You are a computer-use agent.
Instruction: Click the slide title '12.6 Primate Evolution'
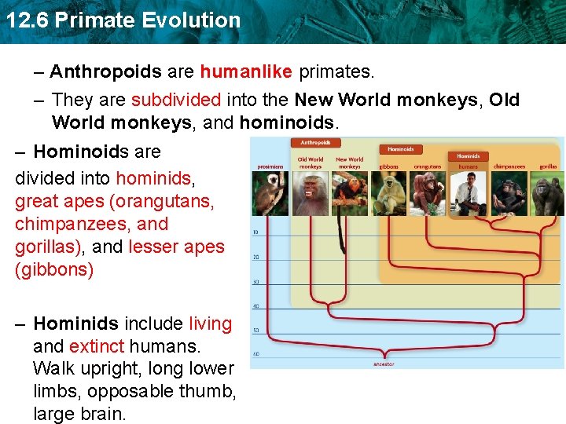[x=122, y=20]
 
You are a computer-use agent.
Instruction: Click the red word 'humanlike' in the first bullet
[x=245, y=72]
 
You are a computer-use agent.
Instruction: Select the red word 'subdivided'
[x=176, y=101]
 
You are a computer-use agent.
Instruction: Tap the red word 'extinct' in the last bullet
[x=96, y=346]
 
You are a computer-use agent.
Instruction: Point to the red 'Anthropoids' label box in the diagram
[x=315, y=144]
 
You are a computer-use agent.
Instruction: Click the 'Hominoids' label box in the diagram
[x=400, y=148]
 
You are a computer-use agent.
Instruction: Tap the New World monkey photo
[x=349, y=193]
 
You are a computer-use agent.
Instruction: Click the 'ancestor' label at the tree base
[x=383, y=364]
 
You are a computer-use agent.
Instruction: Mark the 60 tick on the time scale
[x=255, y=354]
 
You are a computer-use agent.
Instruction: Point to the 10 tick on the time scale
[x=255, y=232]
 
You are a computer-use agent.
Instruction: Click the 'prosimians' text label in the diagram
[x=270, y=166]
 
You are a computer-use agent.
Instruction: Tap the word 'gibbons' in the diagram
[x=389, y=166]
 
